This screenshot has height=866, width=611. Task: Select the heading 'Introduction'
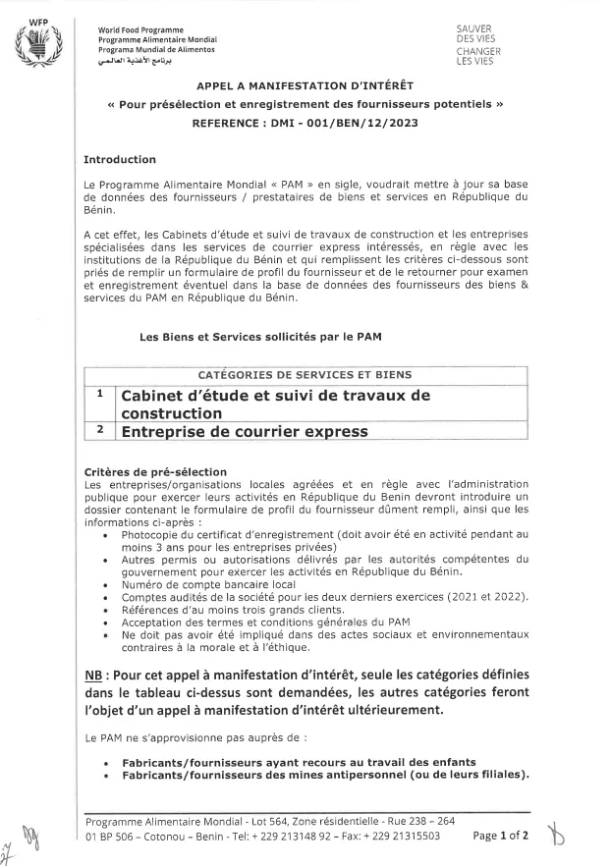click(x=119, y=159)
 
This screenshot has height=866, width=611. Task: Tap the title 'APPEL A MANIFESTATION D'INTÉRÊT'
click(x=305, y=85)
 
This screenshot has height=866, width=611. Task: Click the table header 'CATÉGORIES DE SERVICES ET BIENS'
click(x=305, y=375)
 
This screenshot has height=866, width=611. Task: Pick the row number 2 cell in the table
click(x=100, y=429)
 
